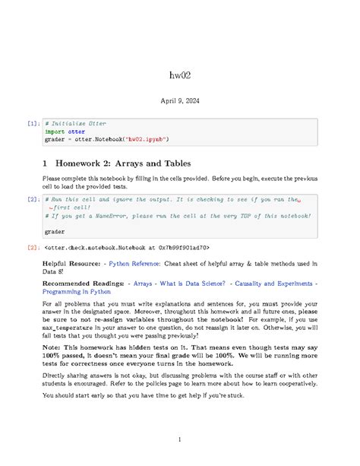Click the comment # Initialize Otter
pos(75,123)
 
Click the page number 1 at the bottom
pos(179,439)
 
